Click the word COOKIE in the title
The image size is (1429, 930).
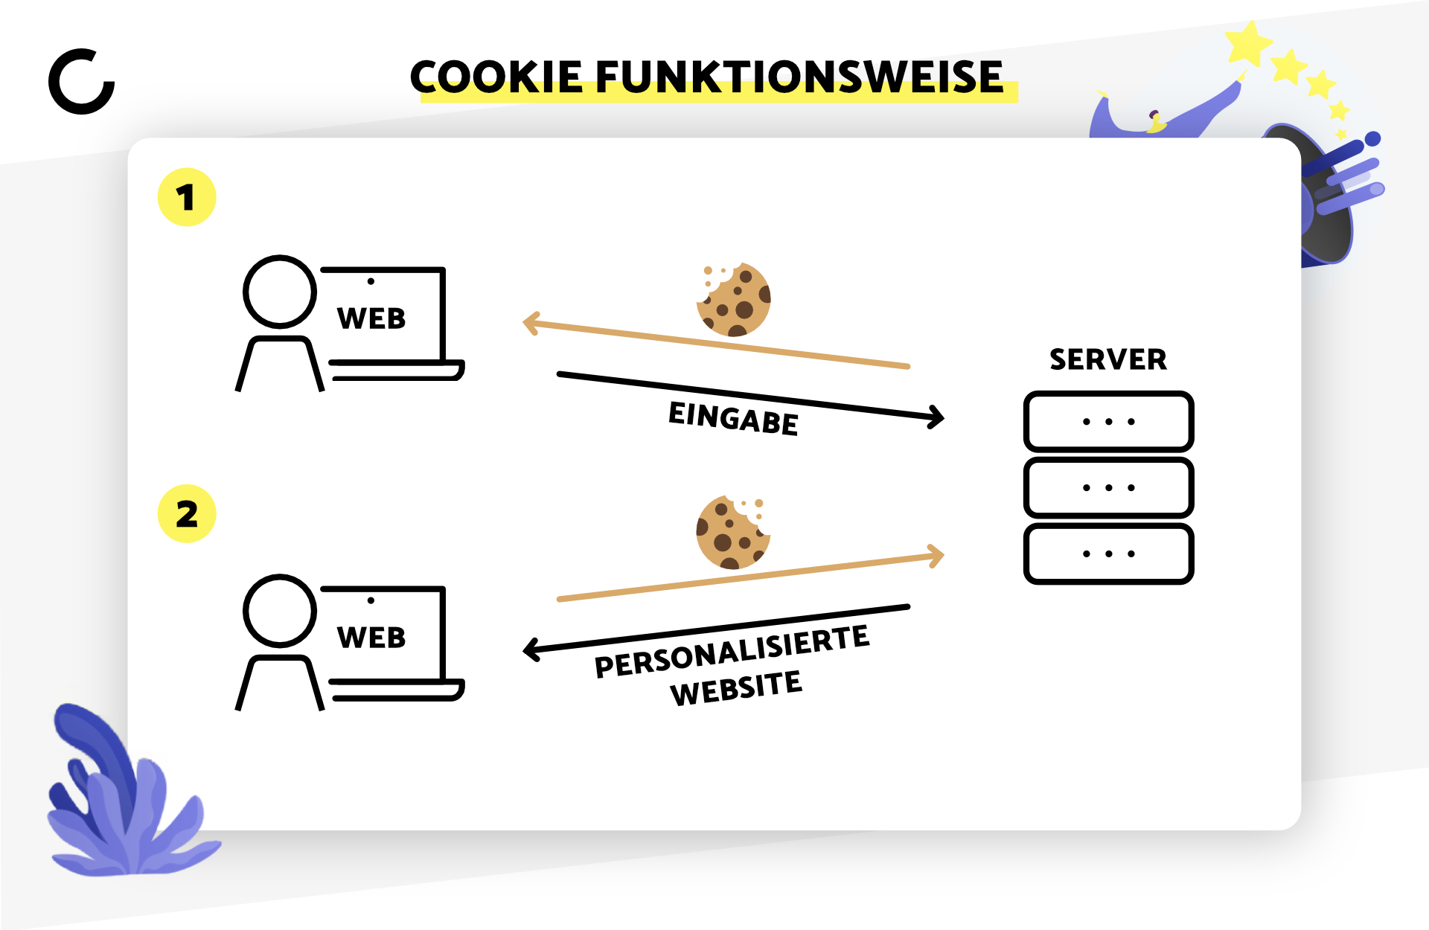point(496,77)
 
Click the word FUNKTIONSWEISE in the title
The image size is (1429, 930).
point(799,77)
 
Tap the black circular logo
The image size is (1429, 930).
point(82,82)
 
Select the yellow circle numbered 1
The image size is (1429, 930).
point(187,197)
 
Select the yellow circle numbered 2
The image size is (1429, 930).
point(187,514)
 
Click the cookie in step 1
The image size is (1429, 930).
point(733,299)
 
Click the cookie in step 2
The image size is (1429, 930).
point(733,532)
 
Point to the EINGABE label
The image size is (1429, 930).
point(733,419)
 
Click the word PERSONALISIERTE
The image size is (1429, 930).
point(732,652)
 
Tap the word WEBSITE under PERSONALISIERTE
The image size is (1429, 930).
point(736,688)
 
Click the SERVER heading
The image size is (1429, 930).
point(1108,360)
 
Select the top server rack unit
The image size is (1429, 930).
point(1109,422)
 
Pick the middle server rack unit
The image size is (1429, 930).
point(1109,488)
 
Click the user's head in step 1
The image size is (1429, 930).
point(280,292)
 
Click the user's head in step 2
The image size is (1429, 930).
point(280,611)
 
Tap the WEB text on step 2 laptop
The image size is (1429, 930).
point(371,638)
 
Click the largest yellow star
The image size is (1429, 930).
point(1249,44)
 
